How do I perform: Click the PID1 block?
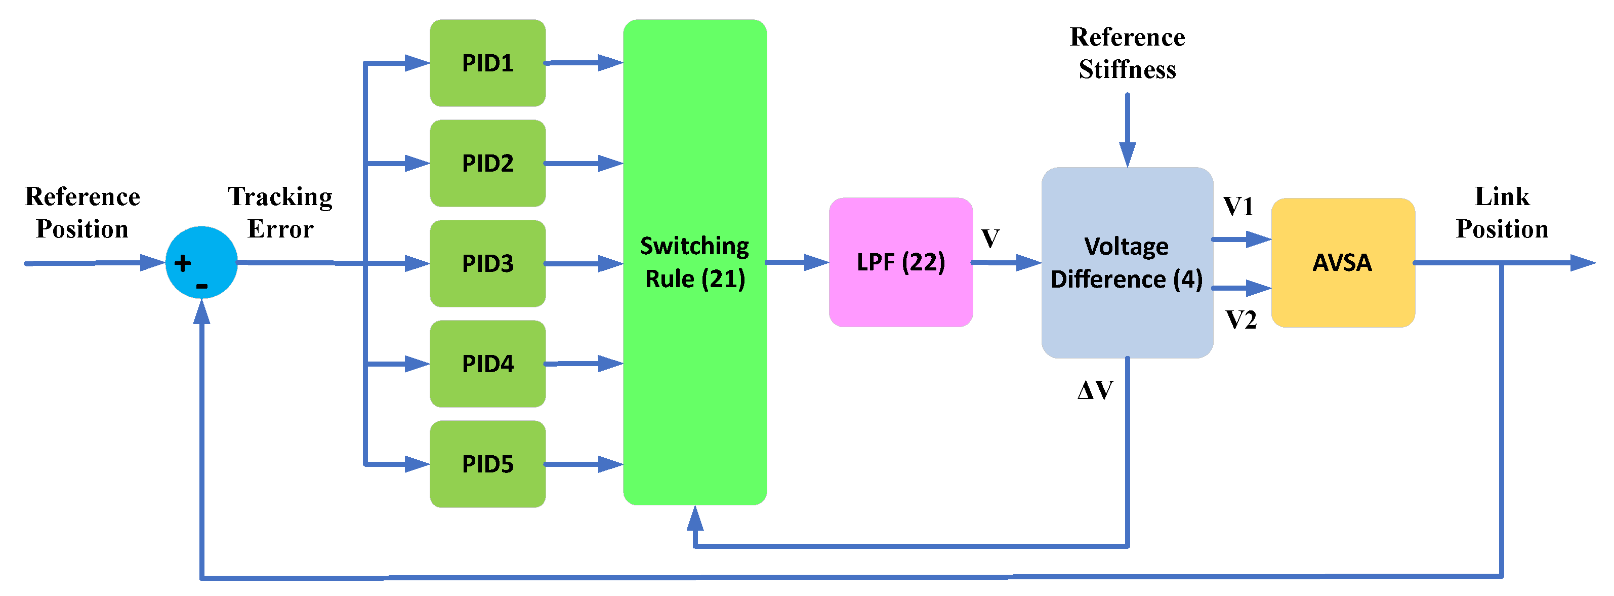(x=487, y=63)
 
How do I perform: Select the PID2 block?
(x=487, y=163)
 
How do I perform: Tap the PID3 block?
(x=487, y=263)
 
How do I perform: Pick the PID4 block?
(x=487, y=364)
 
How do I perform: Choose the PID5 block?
(x=487, y=464)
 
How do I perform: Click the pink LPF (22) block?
(x=900, y=262)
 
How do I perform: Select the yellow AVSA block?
(x=1343, y=262)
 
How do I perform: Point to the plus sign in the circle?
(x=182, y=263)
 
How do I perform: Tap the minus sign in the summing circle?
(x=202, y=287)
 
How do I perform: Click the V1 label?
(x=1238, y=207)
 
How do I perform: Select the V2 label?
(x=1240, y=320)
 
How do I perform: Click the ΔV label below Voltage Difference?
(x=1095, y=390)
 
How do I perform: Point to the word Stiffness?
(x=1127, y=69)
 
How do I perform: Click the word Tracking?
(x=280, y=197)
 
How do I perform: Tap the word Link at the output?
(x=1502, y=197)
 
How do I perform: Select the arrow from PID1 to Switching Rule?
(x=583, y=63)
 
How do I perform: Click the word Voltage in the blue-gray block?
(x=1126, y=246)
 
